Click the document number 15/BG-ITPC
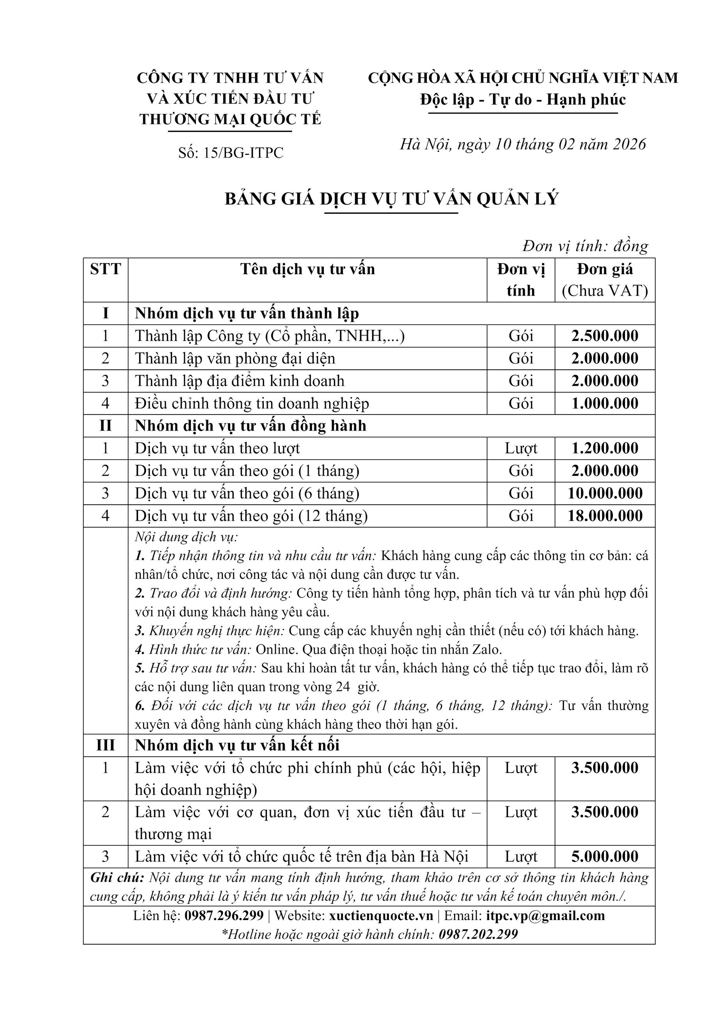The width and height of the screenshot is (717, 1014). coord(243,153)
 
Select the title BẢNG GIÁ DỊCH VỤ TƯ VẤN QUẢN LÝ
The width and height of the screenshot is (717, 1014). coord(391,199)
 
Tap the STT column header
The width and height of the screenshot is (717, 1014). coord(105,269)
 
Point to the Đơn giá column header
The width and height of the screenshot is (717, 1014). coord(604,269)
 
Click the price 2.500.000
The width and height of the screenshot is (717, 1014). coord(604,336)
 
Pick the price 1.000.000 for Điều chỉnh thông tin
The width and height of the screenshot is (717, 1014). coord(604,403)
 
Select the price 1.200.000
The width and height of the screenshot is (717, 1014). coord(604,448)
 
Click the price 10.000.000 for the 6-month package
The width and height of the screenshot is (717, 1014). coord(604,493)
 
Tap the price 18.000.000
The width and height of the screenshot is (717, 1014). coord(604,516)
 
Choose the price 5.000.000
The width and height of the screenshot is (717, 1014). coord(604,857)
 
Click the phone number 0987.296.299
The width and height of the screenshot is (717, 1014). coord(224,915)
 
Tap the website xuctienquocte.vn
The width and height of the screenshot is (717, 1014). coord(381,915)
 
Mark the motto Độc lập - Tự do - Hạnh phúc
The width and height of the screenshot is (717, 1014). coord(523,99)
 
